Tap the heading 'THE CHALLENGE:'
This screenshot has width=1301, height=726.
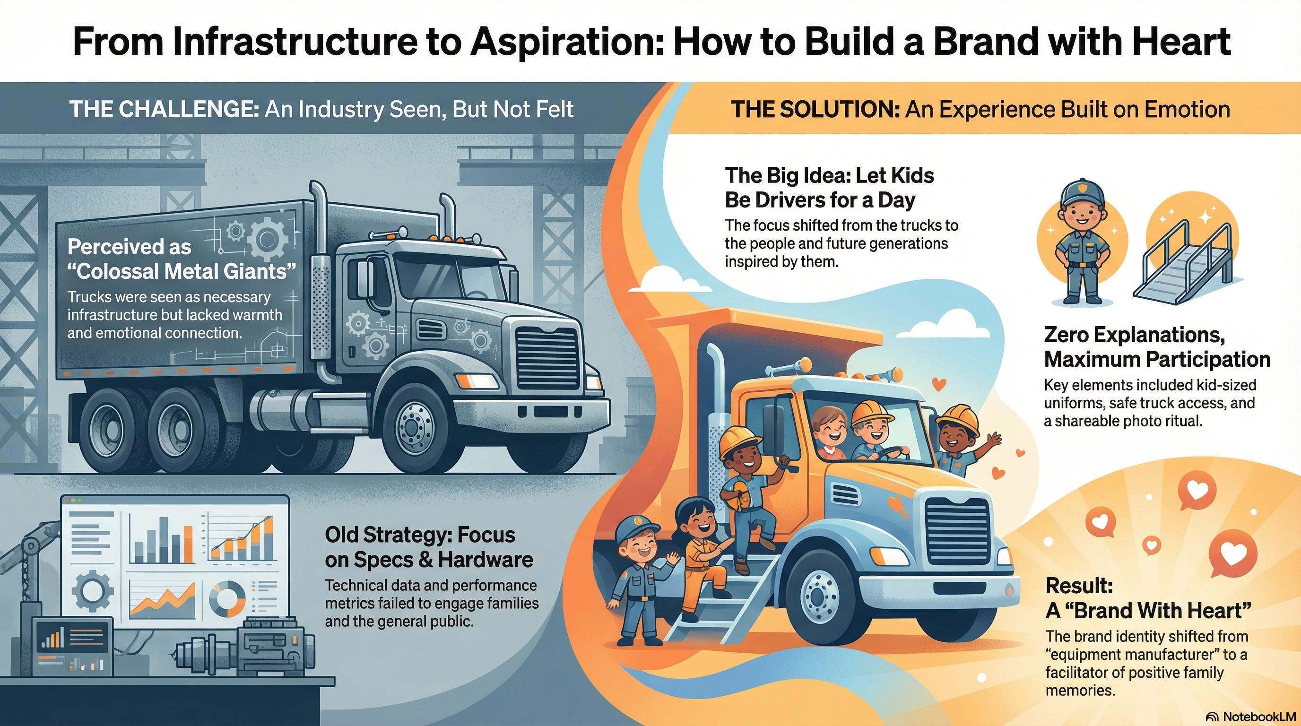(x=164, y=110)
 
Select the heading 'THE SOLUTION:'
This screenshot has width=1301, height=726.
(x=815, y=110)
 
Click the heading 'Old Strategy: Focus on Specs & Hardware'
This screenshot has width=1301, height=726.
(x=428, y=547)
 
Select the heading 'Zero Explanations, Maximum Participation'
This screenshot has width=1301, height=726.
(x=1156, y=347)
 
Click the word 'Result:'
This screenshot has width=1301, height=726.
(x=1079, y=586)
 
